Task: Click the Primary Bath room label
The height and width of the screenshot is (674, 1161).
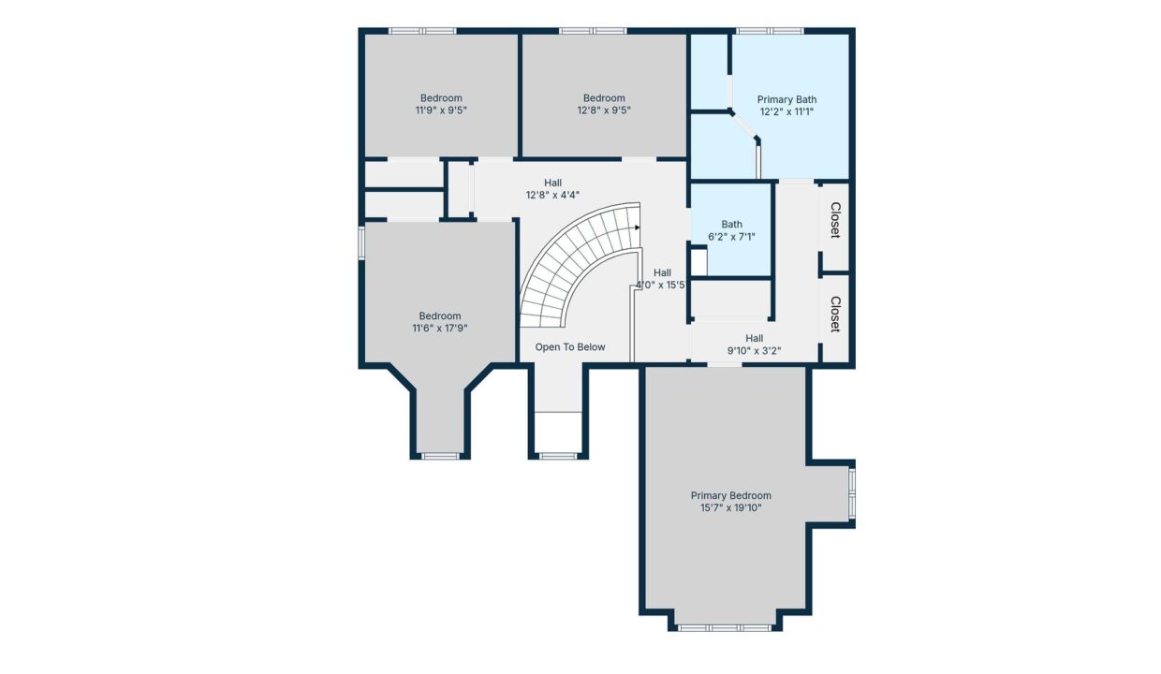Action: click(786, 99)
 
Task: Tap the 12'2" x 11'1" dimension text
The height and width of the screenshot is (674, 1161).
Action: click(786, 112)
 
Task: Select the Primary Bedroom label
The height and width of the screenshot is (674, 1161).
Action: click(731, 496)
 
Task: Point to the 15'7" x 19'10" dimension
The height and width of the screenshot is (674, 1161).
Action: click(731, 507)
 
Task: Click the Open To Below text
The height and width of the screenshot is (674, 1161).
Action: click(570, 347)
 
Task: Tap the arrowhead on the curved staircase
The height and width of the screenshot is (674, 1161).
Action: click(638, 227)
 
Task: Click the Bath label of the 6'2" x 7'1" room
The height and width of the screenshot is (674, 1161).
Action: click(731, 225)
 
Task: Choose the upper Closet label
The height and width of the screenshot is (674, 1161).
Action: click(835, 220)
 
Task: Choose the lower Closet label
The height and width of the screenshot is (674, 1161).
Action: click(835, 315)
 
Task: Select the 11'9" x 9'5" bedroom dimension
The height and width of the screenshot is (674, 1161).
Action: click(441, 110)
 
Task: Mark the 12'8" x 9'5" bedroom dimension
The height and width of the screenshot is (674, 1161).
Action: click(604, 110)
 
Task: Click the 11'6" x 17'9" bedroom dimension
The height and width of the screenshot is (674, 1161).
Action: click(440, 328)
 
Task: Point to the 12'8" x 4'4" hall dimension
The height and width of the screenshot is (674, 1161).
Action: click(552, 196)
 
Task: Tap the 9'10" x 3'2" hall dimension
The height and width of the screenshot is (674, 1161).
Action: click(754, 351)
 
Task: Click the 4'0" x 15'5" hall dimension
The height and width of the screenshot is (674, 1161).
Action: click(662, 285)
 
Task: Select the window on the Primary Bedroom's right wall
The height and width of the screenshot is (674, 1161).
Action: click(852, 494)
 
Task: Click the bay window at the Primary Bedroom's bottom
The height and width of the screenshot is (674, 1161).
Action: click(725, 628)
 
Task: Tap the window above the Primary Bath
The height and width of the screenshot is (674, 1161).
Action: click(771, 31)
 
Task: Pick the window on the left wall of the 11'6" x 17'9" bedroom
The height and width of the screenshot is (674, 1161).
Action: click(361, 242)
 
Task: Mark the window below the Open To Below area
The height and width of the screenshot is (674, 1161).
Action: click(558, 456)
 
